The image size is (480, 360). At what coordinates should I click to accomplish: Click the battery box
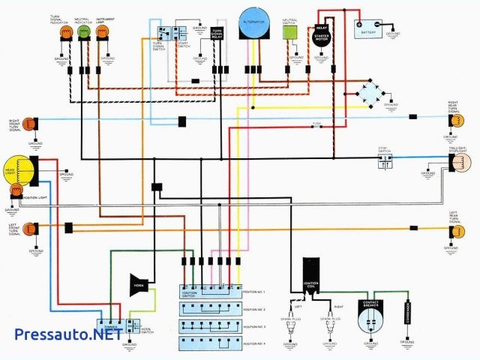tap(367, 28)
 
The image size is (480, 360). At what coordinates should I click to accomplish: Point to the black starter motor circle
tap(321, 37)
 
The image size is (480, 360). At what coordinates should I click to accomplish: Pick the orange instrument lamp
tap(104, 31)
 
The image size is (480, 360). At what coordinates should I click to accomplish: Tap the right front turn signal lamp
tap(29, 122)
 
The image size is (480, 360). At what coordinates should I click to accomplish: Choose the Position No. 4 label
tap(253, 344)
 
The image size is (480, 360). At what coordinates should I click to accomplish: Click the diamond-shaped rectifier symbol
tap(368, 93)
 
